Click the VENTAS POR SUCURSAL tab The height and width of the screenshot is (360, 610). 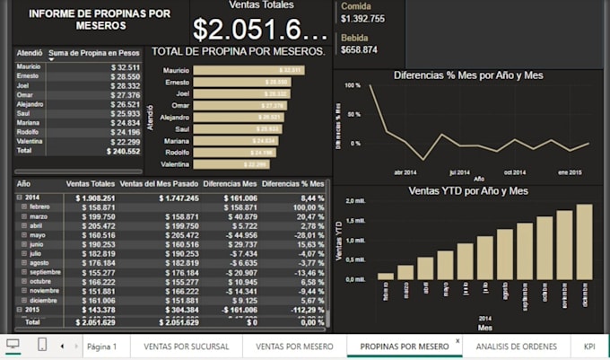[187, 346]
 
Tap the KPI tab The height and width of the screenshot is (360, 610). [589, 346]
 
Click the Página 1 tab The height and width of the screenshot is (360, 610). [101, 346]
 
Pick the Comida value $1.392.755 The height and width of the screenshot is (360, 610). [363, 19]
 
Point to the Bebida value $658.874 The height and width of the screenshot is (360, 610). [359, 50]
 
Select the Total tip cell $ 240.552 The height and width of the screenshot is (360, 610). [123, 153]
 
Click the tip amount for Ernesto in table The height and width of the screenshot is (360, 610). [125, 77]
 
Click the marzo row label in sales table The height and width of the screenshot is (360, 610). [41, 216]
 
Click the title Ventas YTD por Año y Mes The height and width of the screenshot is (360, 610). [467, 191]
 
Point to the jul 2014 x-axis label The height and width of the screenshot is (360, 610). [458, 171]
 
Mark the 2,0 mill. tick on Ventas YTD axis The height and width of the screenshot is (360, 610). [356, 201]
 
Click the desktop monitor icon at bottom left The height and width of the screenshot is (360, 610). [13, 345]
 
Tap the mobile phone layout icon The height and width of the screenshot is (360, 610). [42, 345]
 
